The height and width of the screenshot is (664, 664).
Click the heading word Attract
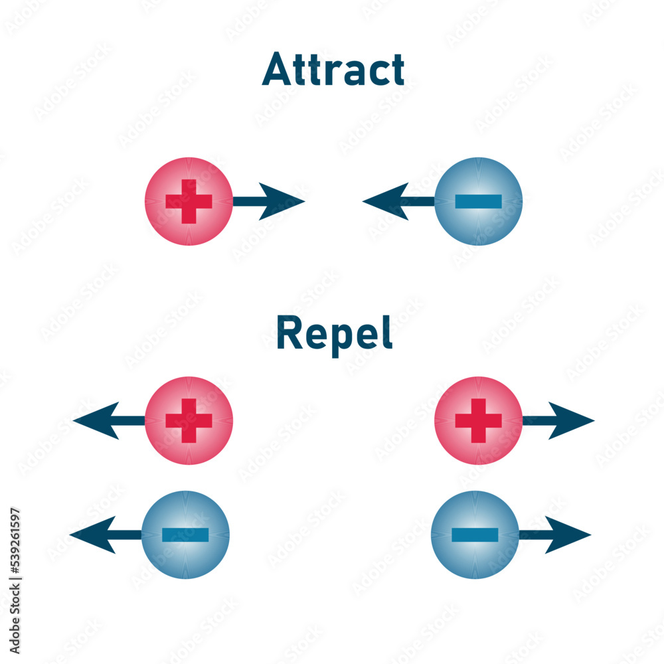pos(333,70)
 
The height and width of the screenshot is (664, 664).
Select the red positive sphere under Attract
pos(189,201)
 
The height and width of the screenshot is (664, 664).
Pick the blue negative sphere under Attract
pos(479,201)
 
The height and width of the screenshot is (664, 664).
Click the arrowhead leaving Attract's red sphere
pos(282,201)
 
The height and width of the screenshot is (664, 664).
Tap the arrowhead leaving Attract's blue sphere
pos(384,201)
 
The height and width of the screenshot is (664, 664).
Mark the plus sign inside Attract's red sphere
pos(189,201)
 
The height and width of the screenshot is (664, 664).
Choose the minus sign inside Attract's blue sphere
pos(478,201)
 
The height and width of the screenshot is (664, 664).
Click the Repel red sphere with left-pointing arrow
pos(189,420)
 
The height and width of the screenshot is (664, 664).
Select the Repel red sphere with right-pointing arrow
pos(479,420)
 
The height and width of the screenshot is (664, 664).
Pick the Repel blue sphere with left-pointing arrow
pos(186,535)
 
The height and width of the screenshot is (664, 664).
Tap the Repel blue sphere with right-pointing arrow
pos(475,535)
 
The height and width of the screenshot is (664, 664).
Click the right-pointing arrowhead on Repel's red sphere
pos(572,420)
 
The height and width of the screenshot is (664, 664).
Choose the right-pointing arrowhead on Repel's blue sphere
pos(568,535)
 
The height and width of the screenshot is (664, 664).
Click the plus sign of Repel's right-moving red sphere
pos(479,420)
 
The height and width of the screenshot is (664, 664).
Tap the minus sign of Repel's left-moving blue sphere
pos(186,535)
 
